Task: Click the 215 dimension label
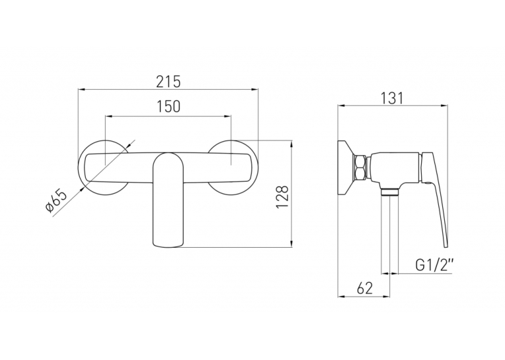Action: click(x=168, y=82)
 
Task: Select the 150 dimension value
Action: click(x=168, y=106)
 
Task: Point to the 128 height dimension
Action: click(x=282, y=197)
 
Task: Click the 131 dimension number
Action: click(x=392, y=98)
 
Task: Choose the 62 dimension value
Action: click(x=365, y=288)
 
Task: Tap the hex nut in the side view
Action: click(x=359, y=168)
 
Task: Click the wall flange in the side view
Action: click(x=345, y=168)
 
